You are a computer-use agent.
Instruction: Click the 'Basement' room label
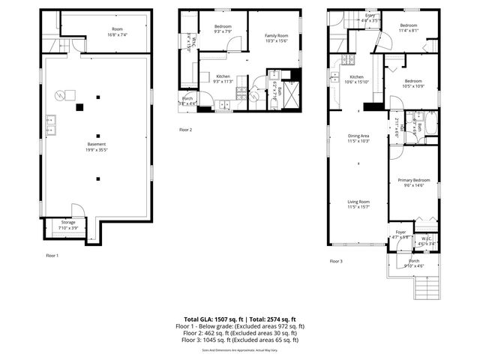pyautogui.click(x=96, y=144)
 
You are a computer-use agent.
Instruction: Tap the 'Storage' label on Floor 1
pyautogui.click(x=68, y=222)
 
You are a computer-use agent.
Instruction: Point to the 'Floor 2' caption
pyautogui.click(x=185, y=130)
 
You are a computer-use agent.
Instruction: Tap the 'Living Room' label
pyautogui.click(x=358, y=201)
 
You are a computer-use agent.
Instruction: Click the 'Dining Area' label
pyautogui.click(x=358, y=136)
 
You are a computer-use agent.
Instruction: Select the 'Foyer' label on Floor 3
pyautogui.click(x=400, y=232)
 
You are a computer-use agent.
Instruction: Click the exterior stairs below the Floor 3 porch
pyautogui.click(x=426, y=284)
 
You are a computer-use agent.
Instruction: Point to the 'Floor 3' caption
pyautogui.click(x=336, y=261)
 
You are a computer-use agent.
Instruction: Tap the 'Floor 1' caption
pyautogui.click(x=52, y=256)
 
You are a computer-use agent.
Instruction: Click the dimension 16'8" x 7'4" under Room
pyautogui.click(x=117, y=34)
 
